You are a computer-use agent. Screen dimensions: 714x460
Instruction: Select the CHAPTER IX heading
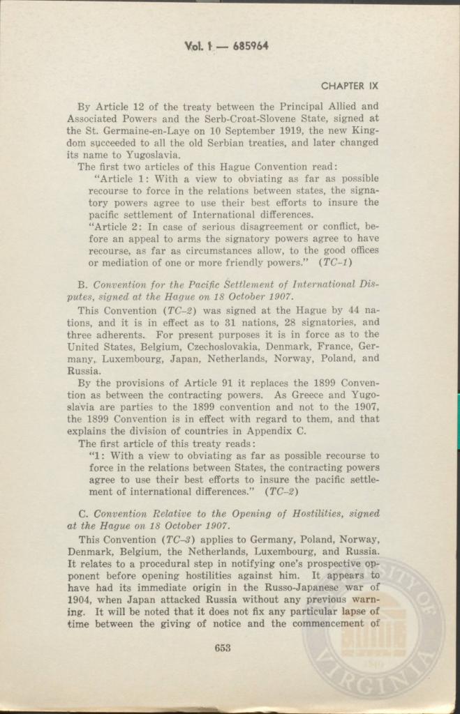[349, 86]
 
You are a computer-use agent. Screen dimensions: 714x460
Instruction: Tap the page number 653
[223, 648]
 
